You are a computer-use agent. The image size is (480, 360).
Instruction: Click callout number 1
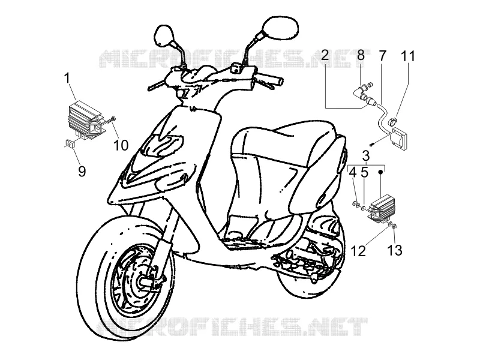67,79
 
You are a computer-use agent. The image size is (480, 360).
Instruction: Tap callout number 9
82,172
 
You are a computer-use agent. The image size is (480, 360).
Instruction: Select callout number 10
121,145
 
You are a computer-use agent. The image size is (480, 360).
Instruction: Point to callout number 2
325,55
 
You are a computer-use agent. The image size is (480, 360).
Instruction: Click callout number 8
361,55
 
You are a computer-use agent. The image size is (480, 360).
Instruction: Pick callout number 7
383,55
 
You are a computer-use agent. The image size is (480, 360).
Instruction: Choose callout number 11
408,56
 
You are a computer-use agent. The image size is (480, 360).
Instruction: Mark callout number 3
366,156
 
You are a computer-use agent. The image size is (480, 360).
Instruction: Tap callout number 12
358,251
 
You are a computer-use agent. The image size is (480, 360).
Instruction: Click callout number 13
395,250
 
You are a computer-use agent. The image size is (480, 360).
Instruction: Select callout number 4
353,173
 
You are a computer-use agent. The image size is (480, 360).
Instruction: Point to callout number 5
364,173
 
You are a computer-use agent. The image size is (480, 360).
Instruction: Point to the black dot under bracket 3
380,172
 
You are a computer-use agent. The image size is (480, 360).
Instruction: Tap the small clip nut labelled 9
70,143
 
